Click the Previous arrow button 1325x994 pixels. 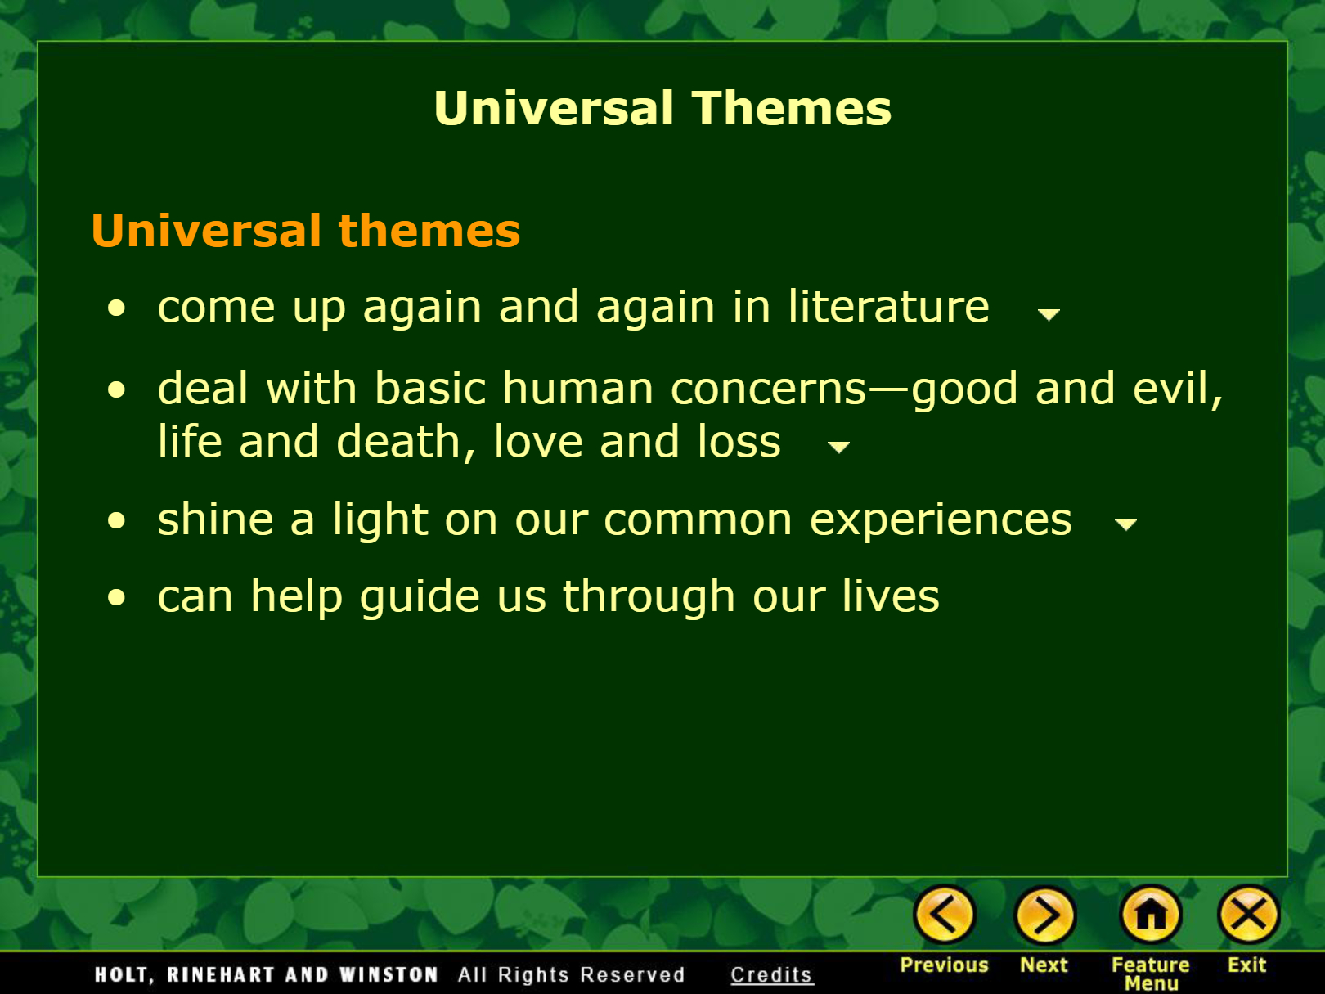(945, 915)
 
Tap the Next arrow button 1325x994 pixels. (1045, 915)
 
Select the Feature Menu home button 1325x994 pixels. (1151, 915)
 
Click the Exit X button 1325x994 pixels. (1248, 915)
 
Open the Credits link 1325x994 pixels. (771, 974)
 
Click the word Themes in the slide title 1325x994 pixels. (792, 108)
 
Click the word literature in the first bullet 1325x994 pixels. (888, 307)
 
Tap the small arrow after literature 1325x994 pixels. (1049, 314)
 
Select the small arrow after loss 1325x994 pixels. (838, 448)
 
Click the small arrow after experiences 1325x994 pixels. (1125, 524)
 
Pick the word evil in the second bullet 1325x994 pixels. (1178, 388)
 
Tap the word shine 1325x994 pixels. (215, 519)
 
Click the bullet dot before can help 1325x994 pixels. (116, 597)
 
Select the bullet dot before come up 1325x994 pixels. (116, 308)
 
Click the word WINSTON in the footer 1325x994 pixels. (389, 974)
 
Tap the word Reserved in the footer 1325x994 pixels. (632, 974)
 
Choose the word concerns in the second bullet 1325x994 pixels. (769, 388)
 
